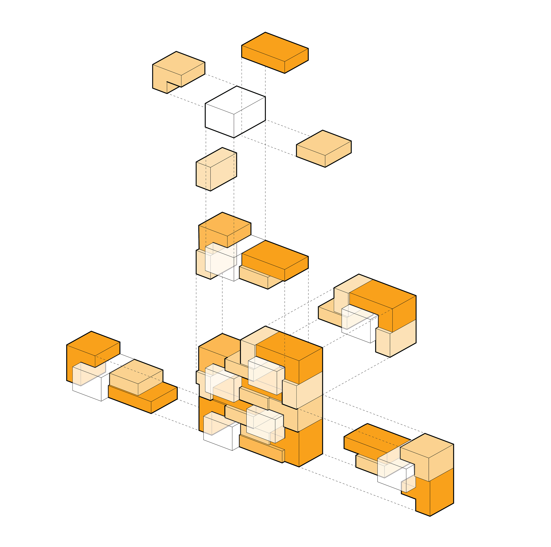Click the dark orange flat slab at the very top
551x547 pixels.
point(275,53)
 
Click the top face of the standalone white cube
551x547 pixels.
point(235,100)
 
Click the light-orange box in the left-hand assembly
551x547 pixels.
point(136,377)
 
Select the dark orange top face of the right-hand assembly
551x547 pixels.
point(382,294)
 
